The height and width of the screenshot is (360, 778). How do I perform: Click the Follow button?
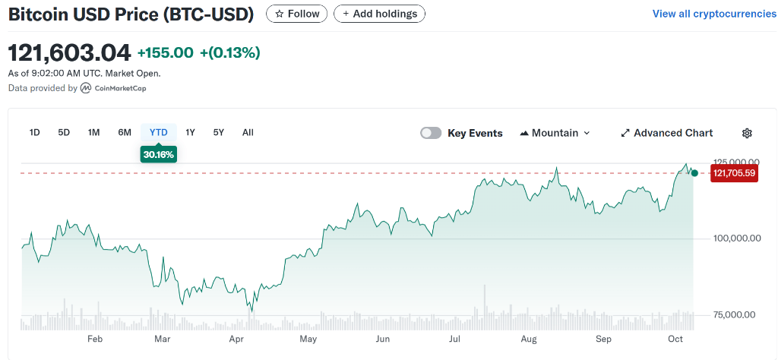297,14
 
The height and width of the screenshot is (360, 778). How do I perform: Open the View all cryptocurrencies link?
714,14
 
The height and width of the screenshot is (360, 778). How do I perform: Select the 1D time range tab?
34,132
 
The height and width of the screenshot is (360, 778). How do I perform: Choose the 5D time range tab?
64,132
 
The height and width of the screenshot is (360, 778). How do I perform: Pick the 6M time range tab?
125,132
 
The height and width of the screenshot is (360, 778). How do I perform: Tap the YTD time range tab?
158,132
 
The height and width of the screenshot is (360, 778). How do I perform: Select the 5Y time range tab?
219,132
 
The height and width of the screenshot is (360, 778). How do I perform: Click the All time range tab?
248,132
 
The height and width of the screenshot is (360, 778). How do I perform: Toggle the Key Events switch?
431,133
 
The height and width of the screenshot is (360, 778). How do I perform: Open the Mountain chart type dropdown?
555,133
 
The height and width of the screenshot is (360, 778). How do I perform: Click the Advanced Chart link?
666,133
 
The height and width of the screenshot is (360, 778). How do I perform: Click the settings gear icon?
747,133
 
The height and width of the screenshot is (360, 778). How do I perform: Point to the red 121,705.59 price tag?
734,173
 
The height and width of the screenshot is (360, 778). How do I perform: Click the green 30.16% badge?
158,154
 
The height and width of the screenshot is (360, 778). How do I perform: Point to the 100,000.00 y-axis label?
736,238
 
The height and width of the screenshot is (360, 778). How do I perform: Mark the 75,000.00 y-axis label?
734,314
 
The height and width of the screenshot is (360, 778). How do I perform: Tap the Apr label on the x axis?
236,339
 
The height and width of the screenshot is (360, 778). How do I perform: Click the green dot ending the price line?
694,173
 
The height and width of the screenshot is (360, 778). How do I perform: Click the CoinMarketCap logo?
114,88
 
